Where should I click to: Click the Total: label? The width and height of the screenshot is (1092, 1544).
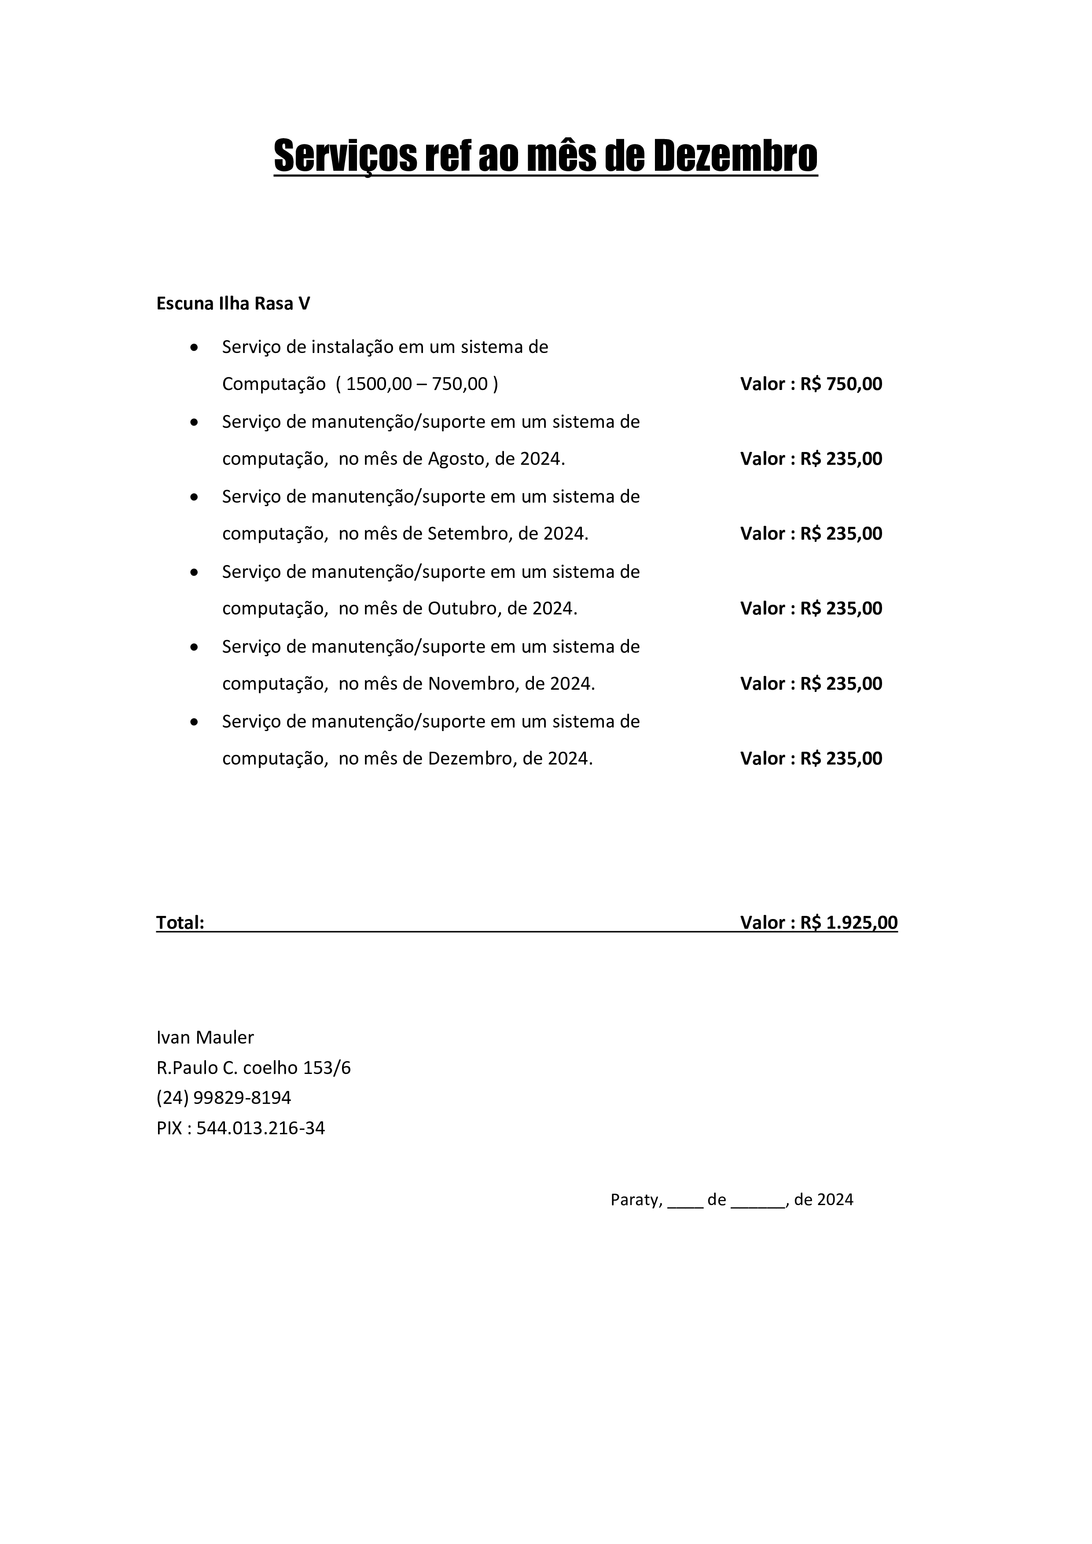[180, 923]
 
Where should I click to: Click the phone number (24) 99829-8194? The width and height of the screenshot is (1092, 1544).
[224, 1097]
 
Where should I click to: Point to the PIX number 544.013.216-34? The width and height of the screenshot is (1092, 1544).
[261, 1128]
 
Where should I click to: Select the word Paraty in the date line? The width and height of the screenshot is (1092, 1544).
[636, 1200]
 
